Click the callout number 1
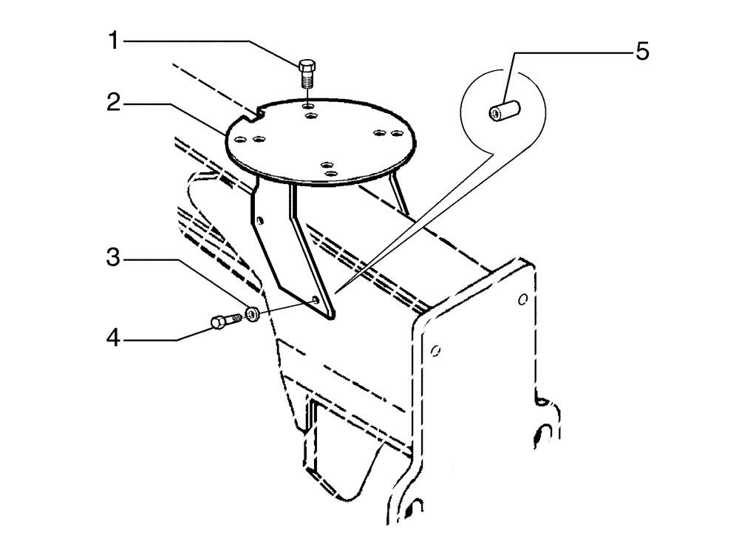click(x=113, y=41)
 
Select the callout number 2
click(x=113, y=103)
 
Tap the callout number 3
click(x=113, y=259)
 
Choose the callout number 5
click(x=642, y=52)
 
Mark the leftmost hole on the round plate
click(x=240, y=138)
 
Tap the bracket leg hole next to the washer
click(x=316, y=299)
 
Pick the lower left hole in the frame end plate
click(x=436, y=348)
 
